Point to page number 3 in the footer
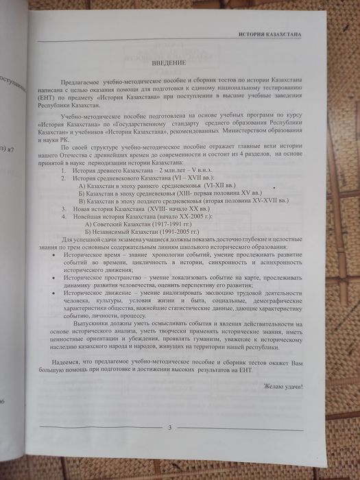(169, 429)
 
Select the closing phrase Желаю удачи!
(283, 387)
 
